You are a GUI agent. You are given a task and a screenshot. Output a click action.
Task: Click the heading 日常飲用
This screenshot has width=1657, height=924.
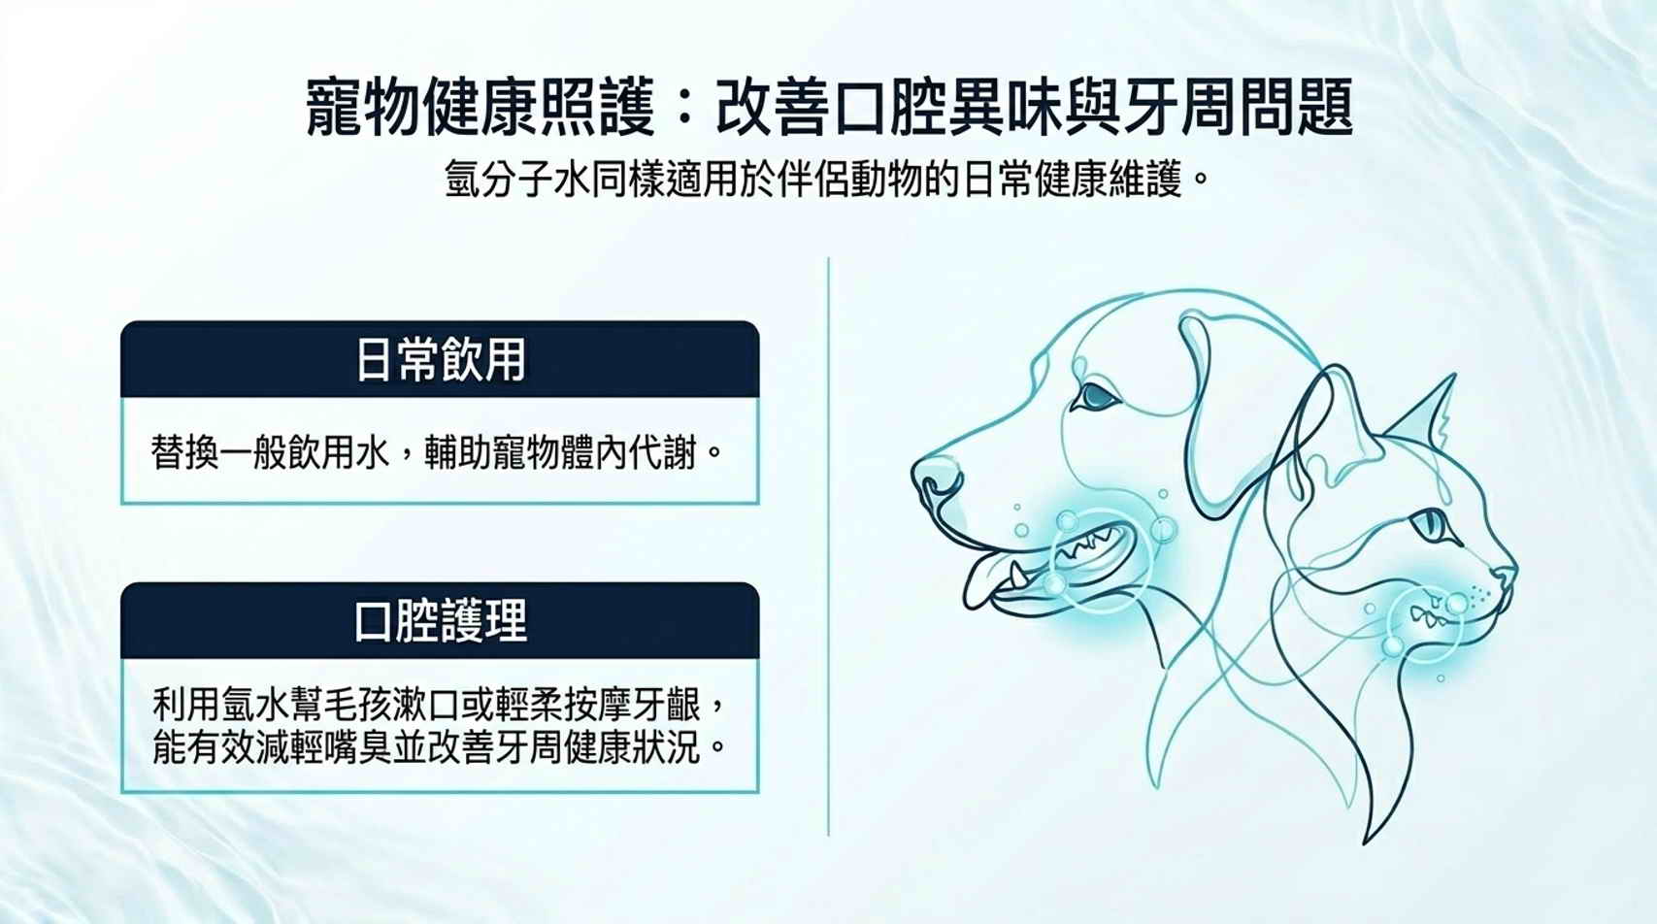coord(440,360)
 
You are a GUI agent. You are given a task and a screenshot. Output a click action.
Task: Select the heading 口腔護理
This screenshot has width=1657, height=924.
coord(440,621)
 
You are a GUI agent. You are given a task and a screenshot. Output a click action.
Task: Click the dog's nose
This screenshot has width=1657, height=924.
coord(935,478)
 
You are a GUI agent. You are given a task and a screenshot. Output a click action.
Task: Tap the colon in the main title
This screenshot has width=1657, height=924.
coord(685,109)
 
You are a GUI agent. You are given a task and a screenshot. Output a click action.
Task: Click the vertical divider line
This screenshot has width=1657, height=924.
coord(829,546)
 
